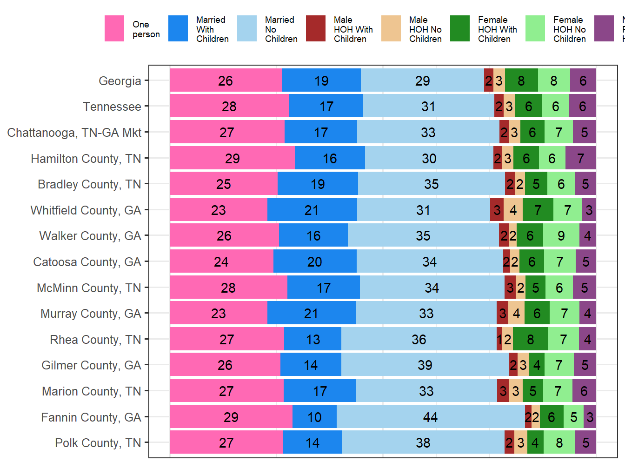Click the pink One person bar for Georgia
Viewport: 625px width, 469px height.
(226, 80)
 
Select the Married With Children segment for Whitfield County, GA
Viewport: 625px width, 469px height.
(312, 210)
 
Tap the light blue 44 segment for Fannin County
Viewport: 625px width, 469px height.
(430, 417)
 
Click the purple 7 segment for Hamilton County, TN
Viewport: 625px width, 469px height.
(580, 158)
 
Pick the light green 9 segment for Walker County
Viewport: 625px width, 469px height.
(561, 235)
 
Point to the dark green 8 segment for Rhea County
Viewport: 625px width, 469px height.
(530, 339)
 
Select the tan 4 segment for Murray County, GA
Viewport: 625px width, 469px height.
(516, 313)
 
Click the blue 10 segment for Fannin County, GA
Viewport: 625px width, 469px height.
(314, 417)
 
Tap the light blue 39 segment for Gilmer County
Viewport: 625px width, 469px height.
(425, 365)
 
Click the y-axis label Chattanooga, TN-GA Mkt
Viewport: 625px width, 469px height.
(74, 133)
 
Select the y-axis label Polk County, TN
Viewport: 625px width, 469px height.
(98, 443)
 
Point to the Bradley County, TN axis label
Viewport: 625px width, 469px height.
(89, 184)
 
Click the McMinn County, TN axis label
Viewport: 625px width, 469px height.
(89, 288)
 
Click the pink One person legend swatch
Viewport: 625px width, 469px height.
(114, 29)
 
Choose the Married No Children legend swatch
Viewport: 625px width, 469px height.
(247, 29)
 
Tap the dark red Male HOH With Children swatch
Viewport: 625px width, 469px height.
(316, 29)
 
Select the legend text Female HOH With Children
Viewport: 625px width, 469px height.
(497, 29)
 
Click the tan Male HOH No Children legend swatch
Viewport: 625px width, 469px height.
(391, 29)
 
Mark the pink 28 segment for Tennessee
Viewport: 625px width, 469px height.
(229, 107)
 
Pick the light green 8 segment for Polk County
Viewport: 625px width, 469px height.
(559, 442)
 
